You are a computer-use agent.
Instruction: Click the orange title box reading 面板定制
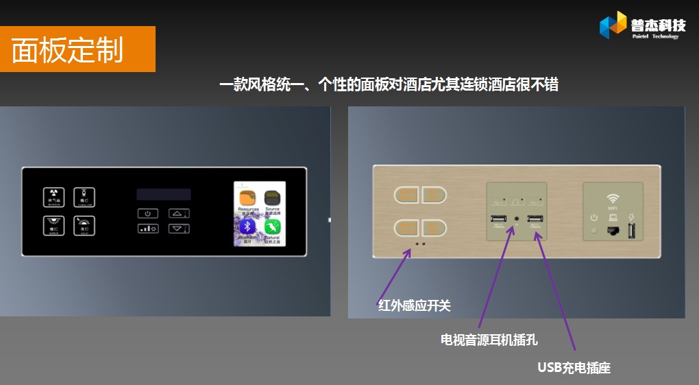[x=77, y=49]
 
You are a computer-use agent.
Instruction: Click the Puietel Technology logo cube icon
[x=613, y=25]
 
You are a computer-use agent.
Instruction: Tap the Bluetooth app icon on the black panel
[x=247, y=227]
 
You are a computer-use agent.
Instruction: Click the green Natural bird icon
[x=273, y=227]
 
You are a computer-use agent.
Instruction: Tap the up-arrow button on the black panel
[x=178, y=213]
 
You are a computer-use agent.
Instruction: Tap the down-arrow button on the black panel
[x=178, y=229]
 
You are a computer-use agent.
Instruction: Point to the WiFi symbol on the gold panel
[x=613, y=195]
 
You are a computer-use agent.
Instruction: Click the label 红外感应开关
[x=415, y=305]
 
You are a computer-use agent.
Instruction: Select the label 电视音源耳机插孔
[x=489, y=339]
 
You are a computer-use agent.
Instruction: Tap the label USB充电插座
[x=574, y=368]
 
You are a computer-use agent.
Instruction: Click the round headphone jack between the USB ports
[x=516, y=220]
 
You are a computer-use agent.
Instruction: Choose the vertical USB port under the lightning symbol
[x=631, y=231]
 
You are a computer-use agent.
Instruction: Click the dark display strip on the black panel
[x=163, y=194]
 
